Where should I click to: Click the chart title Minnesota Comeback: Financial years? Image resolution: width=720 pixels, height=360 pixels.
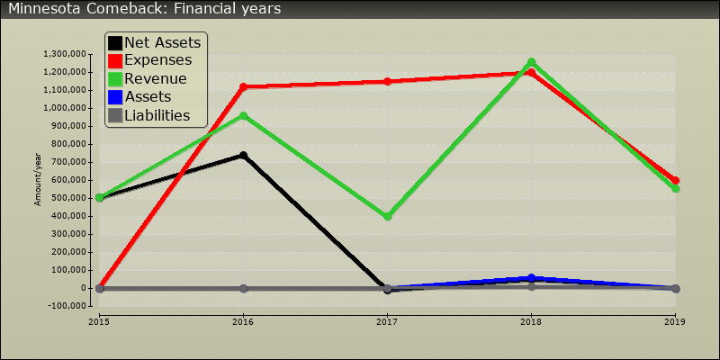tap(145, 9)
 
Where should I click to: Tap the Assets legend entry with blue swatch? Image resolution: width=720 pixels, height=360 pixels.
tap(148, 97)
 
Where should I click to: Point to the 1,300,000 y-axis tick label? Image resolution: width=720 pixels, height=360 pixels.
tap(63, 54)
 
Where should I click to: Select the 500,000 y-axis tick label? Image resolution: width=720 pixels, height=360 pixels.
tap(68, 198)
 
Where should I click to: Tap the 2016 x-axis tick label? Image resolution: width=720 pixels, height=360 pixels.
tap(243, 320)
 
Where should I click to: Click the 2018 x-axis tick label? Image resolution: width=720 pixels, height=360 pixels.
tap(531, 320)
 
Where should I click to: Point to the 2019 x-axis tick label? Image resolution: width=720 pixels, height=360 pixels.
tap(675, 320)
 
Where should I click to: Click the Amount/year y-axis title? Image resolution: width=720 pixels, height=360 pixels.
tap(38, 180)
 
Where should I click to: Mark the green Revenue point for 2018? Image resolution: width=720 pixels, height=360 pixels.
tap(531, 62)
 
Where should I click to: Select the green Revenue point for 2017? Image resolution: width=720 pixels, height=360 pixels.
tap(387, 216)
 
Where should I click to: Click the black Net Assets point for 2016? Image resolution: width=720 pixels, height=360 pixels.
tap(243, 156)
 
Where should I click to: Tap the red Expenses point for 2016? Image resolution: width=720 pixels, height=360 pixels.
tap(243, 86)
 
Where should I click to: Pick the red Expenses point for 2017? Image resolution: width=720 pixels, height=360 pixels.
tap(387, 81)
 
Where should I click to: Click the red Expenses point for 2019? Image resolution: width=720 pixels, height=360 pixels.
tap(675, 180)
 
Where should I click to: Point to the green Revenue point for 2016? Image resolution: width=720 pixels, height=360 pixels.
tap(243, 115)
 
